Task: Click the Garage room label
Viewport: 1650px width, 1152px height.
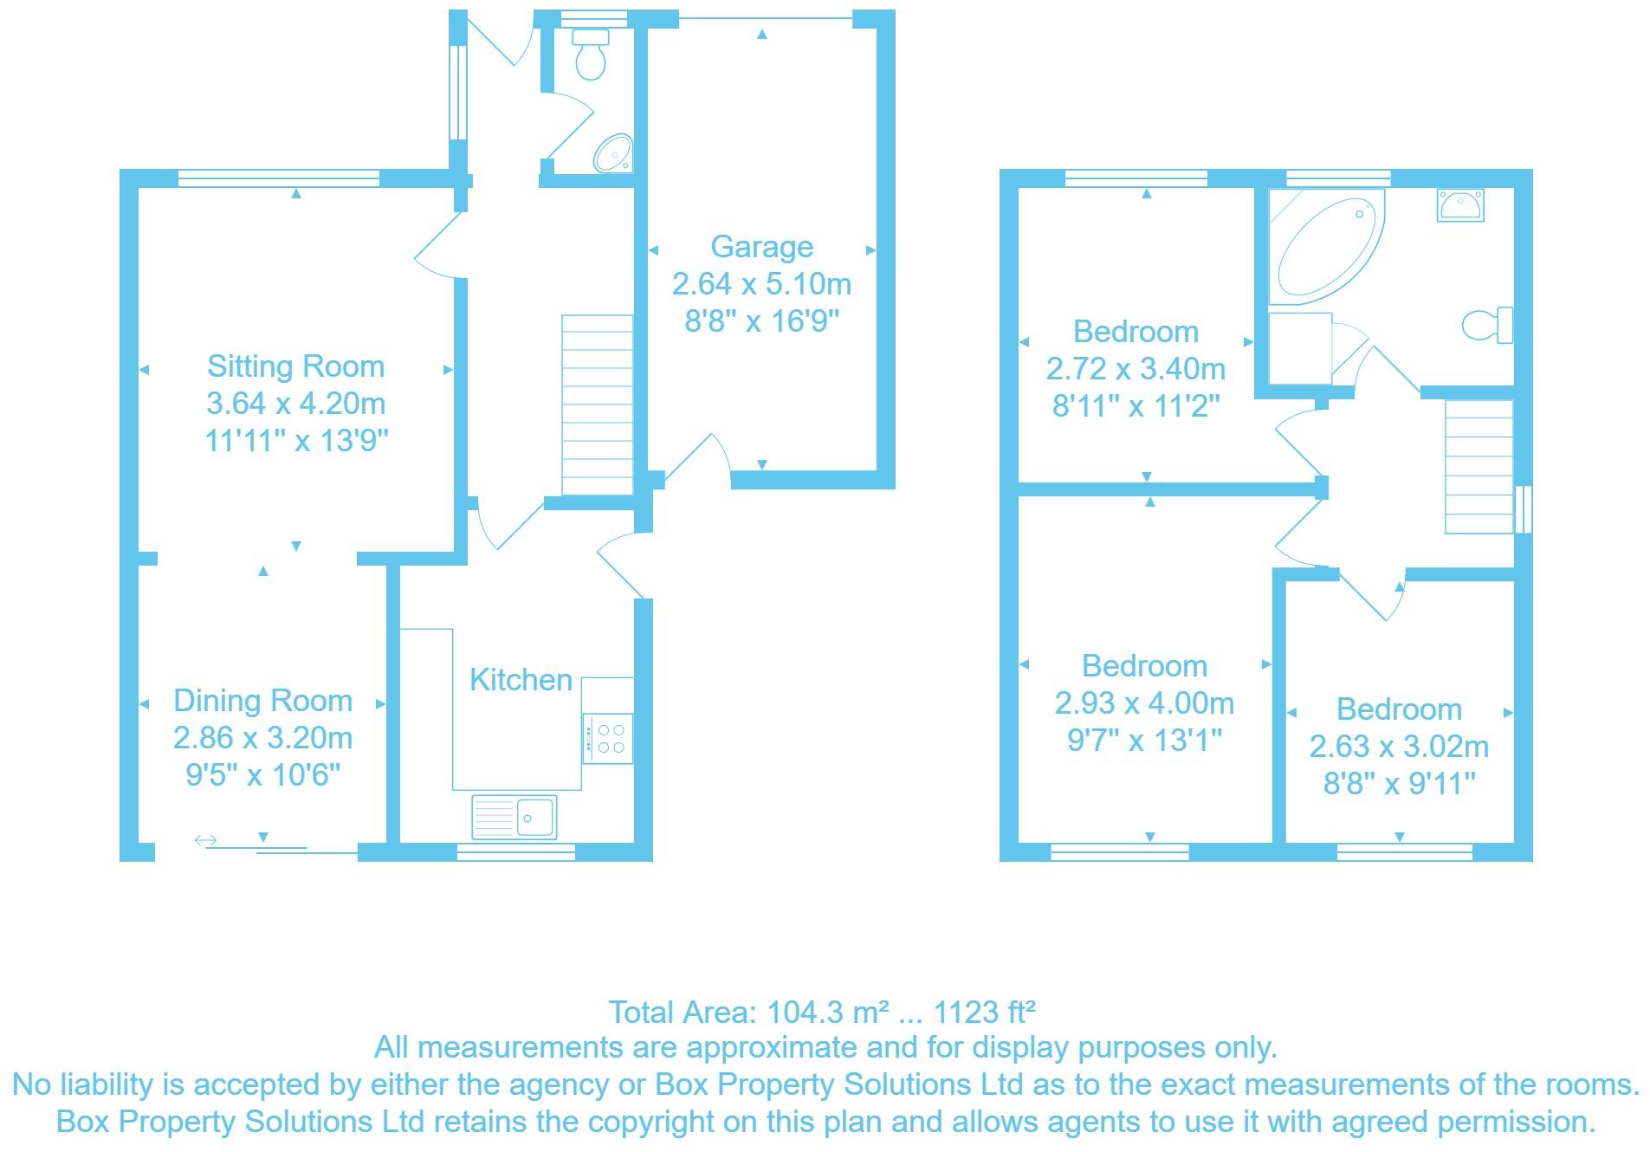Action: pyautogui.click(x=761, y=247)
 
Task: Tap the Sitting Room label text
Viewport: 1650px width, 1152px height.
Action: pyautogui.click(x=295, y=366)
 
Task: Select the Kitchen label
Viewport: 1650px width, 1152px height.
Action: pyautogui.click(x=521, y=680)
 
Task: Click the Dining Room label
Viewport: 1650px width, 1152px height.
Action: pyautogui.click(x=262, y=701)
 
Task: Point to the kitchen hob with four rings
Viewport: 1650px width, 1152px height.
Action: pyautogui.click(x=609, y=739)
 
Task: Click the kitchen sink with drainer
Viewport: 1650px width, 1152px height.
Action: pyautogui.click(x=514, y=817)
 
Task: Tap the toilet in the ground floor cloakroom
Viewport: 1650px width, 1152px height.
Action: pyautogui.click(x=591, y=54)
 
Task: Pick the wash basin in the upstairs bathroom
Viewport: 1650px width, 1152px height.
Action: pyautogui.click(x=1460, y=205)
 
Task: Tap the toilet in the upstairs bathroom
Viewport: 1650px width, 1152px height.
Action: pyautogui.click(x=1488, y=325)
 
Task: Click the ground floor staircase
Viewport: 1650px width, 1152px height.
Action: pyautogui.click(x=597, y=404)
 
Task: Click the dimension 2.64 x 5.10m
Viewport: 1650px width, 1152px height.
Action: pyautogui.click(x=761, y=284)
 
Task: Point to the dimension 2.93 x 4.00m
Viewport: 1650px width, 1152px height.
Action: pyautogui.click(x=1143, y=703)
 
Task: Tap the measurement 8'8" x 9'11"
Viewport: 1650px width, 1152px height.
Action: pyautogui.click(x=1399, y=784)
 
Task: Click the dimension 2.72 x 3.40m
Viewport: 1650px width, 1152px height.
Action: pyautogui.click(x=1135, y=369)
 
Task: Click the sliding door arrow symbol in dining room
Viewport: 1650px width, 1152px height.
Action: pyautogui.click(x=205, y=840)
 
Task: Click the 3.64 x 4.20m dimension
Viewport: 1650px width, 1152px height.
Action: pyautogui.click(x=295, y=404)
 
